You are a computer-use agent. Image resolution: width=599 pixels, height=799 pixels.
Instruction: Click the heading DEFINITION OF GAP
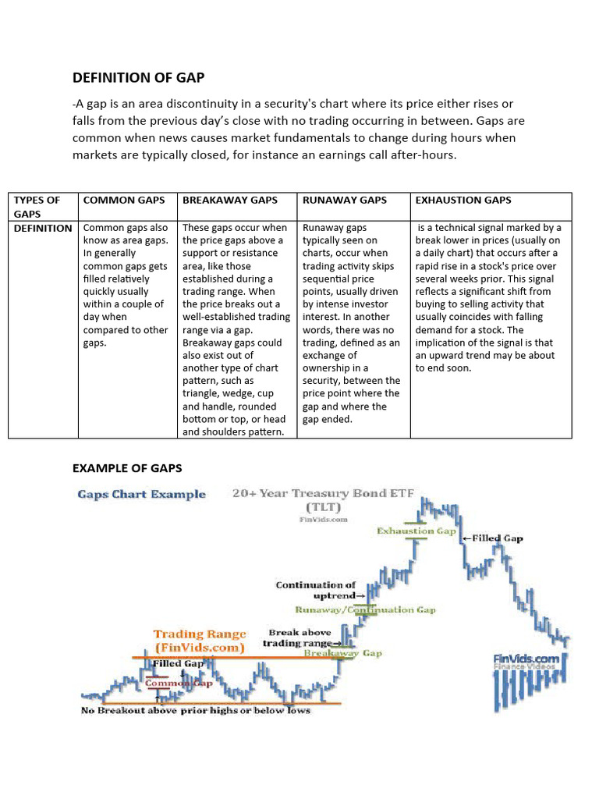click(x=138, y=77)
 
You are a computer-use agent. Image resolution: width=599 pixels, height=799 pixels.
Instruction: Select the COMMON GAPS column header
click(x=124, y=201)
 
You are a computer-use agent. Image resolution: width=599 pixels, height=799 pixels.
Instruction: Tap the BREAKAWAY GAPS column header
click(x=229, y=201)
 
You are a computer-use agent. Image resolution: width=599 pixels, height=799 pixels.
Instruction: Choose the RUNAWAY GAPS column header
click(x=344, y=201)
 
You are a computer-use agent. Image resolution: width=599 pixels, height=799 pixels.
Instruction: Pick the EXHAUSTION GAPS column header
click(x=463, y=201)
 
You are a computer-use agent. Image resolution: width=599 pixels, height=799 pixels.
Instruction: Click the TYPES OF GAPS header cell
click(x=37, y=207)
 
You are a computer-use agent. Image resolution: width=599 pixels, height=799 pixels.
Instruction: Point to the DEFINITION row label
click(x=43, y=228)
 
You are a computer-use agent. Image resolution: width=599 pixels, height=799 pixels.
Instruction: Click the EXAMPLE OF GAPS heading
click(x=127, y=468)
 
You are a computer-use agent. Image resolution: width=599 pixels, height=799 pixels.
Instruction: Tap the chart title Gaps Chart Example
click(x=141, y=494)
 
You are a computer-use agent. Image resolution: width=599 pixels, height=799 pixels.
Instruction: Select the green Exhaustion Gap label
click(x=416, y=531)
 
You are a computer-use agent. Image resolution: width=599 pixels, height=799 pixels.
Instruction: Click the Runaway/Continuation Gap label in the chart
click(x=365, y=610)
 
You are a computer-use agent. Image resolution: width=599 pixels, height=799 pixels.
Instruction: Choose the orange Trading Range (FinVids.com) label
click(x=199, y=641)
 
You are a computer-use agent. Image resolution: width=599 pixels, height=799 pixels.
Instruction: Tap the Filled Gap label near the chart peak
click(x=493, y=538)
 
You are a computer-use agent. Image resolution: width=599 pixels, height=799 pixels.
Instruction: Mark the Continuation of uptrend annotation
click(x=316, y=590)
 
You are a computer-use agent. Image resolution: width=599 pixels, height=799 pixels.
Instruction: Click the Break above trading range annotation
click(x=300, y=637)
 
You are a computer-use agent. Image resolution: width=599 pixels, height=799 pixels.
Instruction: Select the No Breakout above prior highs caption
click(x=196, y=710)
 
